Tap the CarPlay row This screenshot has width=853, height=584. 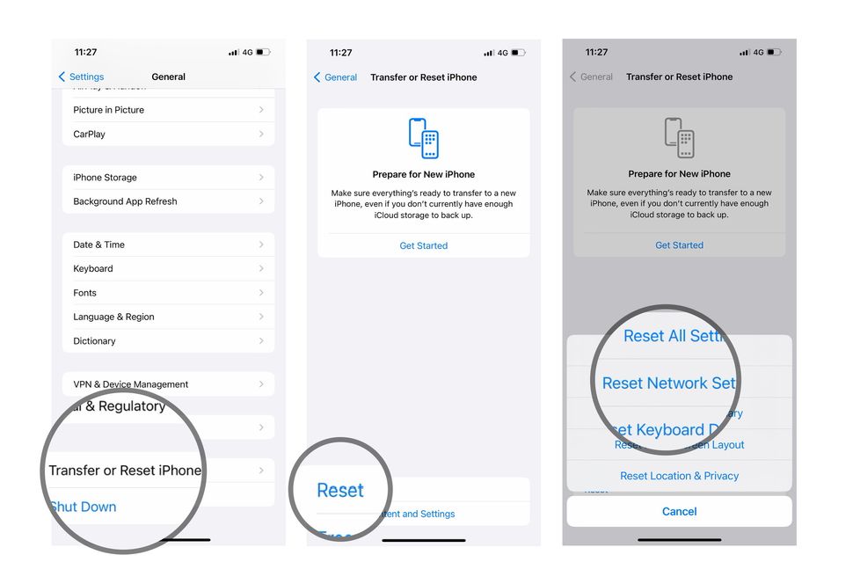[168, 135]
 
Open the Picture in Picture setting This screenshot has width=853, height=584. [168, 110]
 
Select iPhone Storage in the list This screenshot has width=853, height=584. [168, 178]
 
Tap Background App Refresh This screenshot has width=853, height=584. [168, 201]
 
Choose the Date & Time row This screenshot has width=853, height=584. [168, 245]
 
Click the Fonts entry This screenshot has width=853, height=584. [168, 293]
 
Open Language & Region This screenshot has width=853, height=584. [168, 317]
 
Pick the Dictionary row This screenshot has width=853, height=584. [168, 341]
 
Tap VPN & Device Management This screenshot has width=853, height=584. [168, 384]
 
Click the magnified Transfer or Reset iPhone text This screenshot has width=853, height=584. [125, 471]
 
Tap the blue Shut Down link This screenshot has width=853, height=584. [83, 507]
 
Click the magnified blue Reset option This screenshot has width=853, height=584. [340, 491]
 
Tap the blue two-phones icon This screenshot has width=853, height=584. [424, 138]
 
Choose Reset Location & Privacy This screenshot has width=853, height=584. [679, 476]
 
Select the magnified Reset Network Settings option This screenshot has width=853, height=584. [668, 383]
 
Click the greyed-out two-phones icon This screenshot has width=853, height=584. [679, 138]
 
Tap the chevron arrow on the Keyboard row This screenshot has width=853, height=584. [261, 269]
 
